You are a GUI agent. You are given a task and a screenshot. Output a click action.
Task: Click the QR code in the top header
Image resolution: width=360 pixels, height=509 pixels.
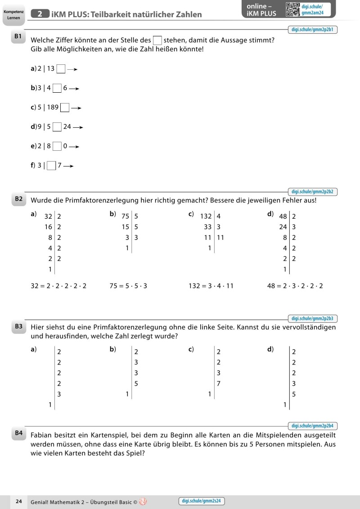pos(292,9)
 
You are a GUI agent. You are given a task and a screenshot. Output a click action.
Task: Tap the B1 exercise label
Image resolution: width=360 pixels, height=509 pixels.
pos(18,39)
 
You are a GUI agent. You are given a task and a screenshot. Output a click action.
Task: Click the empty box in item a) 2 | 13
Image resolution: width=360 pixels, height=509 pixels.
pos(61,69)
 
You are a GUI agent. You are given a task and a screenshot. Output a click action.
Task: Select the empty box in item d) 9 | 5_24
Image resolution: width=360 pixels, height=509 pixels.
pos(57,127)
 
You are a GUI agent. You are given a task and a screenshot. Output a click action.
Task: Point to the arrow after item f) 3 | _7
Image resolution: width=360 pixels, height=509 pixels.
pos(68,166)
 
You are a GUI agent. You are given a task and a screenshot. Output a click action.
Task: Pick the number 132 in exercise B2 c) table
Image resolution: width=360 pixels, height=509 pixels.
pos(206,216)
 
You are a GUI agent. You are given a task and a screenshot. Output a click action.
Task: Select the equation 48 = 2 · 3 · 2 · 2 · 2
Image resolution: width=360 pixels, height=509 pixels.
pos(295,286)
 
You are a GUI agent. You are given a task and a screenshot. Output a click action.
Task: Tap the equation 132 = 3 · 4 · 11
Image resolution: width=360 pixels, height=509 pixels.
pos(211,286)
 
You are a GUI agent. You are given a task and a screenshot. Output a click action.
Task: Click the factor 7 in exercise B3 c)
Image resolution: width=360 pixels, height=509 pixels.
pos(218,384)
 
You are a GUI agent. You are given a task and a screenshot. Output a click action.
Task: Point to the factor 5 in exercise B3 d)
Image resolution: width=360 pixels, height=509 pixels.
pos(294,395)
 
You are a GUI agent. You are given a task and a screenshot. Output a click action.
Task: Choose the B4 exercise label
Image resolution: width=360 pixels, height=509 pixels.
pos(18,433)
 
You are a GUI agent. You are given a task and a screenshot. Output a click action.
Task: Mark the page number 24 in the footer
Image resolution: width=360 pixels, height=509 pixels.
pos(19,501)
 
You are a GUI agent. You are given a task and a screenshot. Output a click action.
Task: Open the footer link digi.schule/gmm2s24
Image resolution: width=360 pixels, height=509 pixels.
pos(202,501)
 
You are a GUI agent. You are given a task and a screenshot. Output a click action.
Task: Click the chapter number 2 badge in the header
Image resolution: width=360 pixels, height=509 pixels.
pos(40,14)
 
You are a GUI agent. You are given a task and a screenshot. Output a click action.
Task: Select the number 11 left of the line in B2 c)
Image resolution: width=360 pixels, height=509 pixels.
pos(207,237)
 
